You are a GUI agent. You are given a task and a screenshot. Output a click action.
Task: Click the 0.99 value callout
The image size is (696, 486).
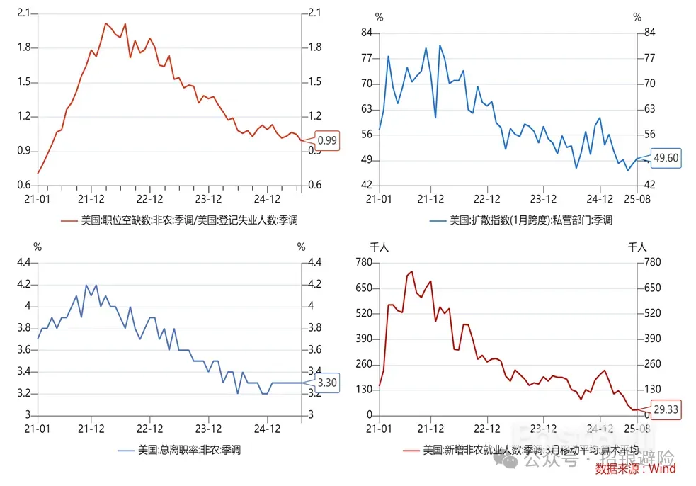[x=327, y=140]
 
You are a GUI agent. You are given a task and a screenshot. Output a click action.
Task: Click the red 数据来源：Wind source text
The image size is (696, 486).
[x=635, y=468]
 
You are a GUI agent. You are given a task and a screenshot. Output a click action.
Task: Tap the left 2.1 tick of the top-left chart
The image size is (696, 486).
[x=23, y=13]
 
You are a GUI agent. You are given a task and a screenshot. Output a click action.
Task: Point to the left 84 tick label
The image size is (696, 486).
[x=367, y=33]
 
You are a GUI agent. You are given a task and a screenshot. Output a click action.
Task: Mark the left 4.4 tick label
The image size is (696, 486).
[x=24, y=262]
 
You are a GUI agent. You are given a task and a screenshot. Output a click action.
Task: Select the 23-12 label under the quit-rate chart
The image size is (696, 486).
[x=208, y=429]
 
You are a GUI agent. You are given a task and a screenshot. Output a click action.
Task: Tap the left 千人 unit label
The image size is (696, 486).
[x=380, y=247]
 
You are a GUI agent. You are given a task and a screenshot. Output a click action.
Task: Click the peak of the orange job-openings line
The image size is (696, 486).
[x=105, y=23]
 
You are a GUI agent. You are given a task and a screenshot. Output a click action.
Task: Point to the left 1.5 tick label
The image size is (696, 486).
[x=23, y=82]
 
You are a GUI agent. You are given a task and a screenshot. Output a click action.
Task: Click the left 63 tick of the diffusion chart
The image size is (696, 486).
[x=367, y=109]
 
